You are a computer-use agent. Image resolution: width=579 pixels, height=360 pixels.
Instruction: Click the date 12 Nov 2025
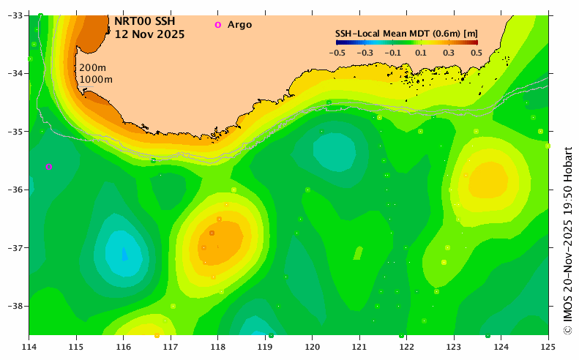(149, 34)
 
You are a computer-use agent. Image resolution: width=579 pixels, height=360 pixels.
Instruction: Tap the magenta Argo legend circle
(217, 25)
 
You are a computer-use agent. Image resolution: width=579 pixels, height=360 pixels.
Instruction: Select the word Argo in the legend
(239, 25)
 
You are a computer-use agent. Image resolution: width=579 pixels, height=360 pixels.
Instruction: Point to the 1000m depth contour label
(96, 79)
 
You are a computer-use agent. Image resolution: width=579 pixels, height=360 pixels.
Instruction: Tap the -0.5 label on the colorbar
(337, 53)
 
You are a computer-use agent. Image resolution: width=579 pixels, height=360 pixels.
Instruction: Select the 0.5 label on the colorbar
(476, 53)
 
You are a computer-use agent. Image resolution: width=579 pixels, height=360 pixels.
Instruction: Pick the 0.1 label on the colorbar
(420, 53)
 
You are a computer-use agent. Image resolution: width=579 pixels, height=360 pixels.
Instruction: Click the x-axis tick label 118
(218, 345)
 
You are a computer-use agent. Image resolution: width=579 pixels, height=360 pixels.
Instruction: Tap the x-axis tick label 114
(29, 345)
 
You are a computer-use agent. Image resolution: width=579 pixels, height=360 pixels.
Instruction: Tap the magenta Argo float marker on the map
(49, 167)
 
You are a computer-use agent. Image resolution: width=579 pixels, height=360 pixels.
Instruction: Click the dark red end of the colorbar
(474, 42)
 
